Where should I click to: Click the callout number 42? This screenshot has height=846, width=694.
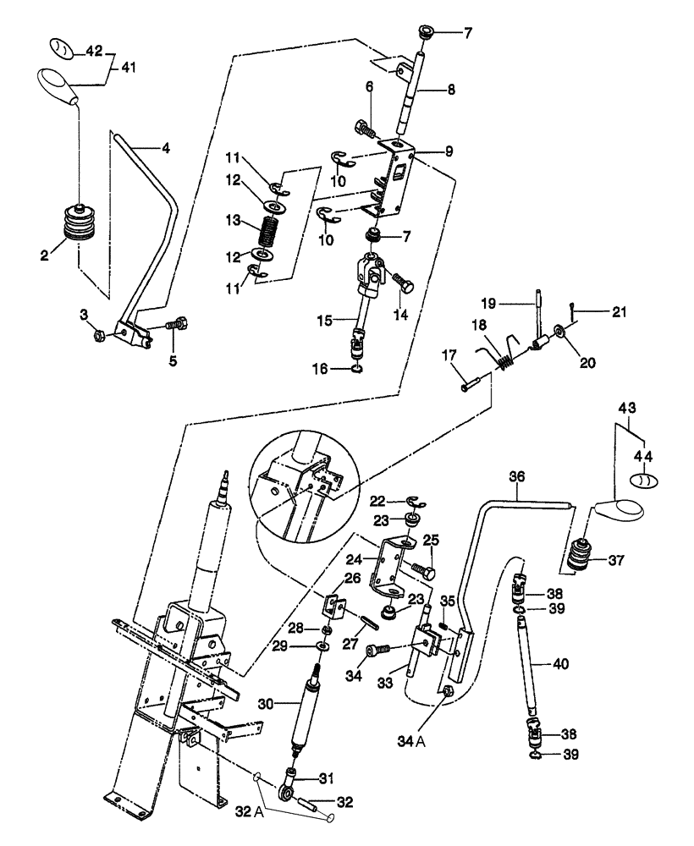pyautogui.click(x=93, y=51)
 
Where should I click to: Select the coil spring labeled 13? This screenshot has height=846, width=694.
pyautogui.click(x=267, y=230)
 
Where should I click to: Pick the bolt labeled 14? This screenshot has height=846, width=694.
pyautogui.click(x=401, y=286)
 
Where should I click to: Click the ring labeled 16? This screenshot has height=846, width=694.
pyautogui.click(x=358, y=368)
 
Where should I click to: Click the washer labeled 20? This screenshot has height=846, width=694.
pyautogui.click(x=560, y=329)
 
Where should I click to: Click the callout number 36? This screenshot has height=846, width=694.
pyautogui.click(x=517, y=477)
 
